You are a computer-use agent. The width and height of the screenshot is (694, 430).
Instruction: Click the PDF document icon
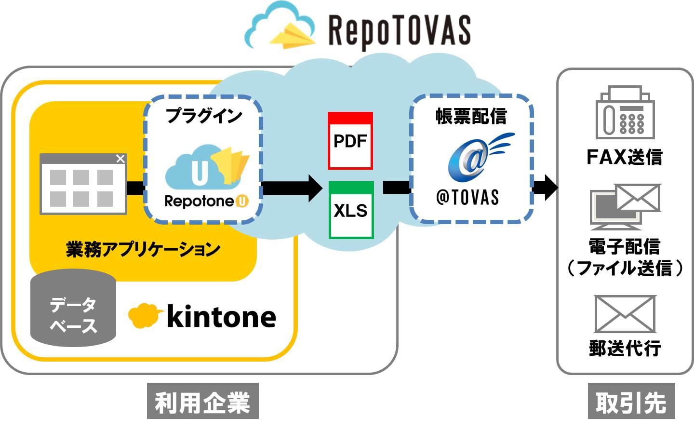pos(350,141)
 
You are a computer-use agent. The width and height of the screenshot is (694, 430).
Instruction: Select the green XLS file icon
pos(351,210)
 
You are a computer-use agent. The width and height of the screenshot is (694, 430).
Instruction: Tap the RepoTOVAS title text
pos(399,30)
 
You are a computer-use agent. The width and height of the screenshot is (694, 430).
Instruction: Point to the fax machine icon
pos(625,113)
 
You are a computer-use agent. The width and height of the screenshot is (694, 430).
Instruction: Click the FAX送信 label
pos(624,157)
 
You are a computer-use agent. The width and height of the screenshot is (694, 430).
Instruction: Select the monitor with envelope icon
pos(625,206)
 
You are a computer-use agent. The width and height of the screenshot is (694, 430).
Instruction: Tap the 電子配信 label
pos(624,247)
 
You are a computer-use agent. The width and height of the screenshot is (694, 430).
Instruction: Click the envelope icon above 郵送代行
pos(625,314)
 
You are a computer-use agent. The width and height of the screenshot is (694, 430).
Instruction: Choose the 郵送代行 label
pos(625,348)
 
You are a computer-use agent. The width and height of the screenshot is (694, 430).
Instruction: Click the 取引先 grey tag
pos(631,402)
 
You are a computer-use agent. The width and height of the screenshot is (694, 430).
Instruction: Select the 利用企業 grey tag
pos(202,402)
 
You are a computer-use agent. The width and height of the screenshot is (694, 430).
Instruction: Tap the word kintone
pos(221,317)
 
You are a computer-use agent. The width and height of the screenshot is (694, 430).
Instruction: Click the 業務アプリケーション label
pos(143,249)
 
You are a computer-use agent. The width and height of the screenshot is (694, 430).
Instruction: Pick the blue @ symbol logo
pos(470,159)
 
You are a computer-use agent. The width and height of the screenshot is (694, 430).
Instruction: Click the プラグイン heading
pos(203,116)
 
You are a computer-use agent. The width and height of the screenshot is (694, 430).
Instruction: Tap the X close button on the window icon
pos(120,159)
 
